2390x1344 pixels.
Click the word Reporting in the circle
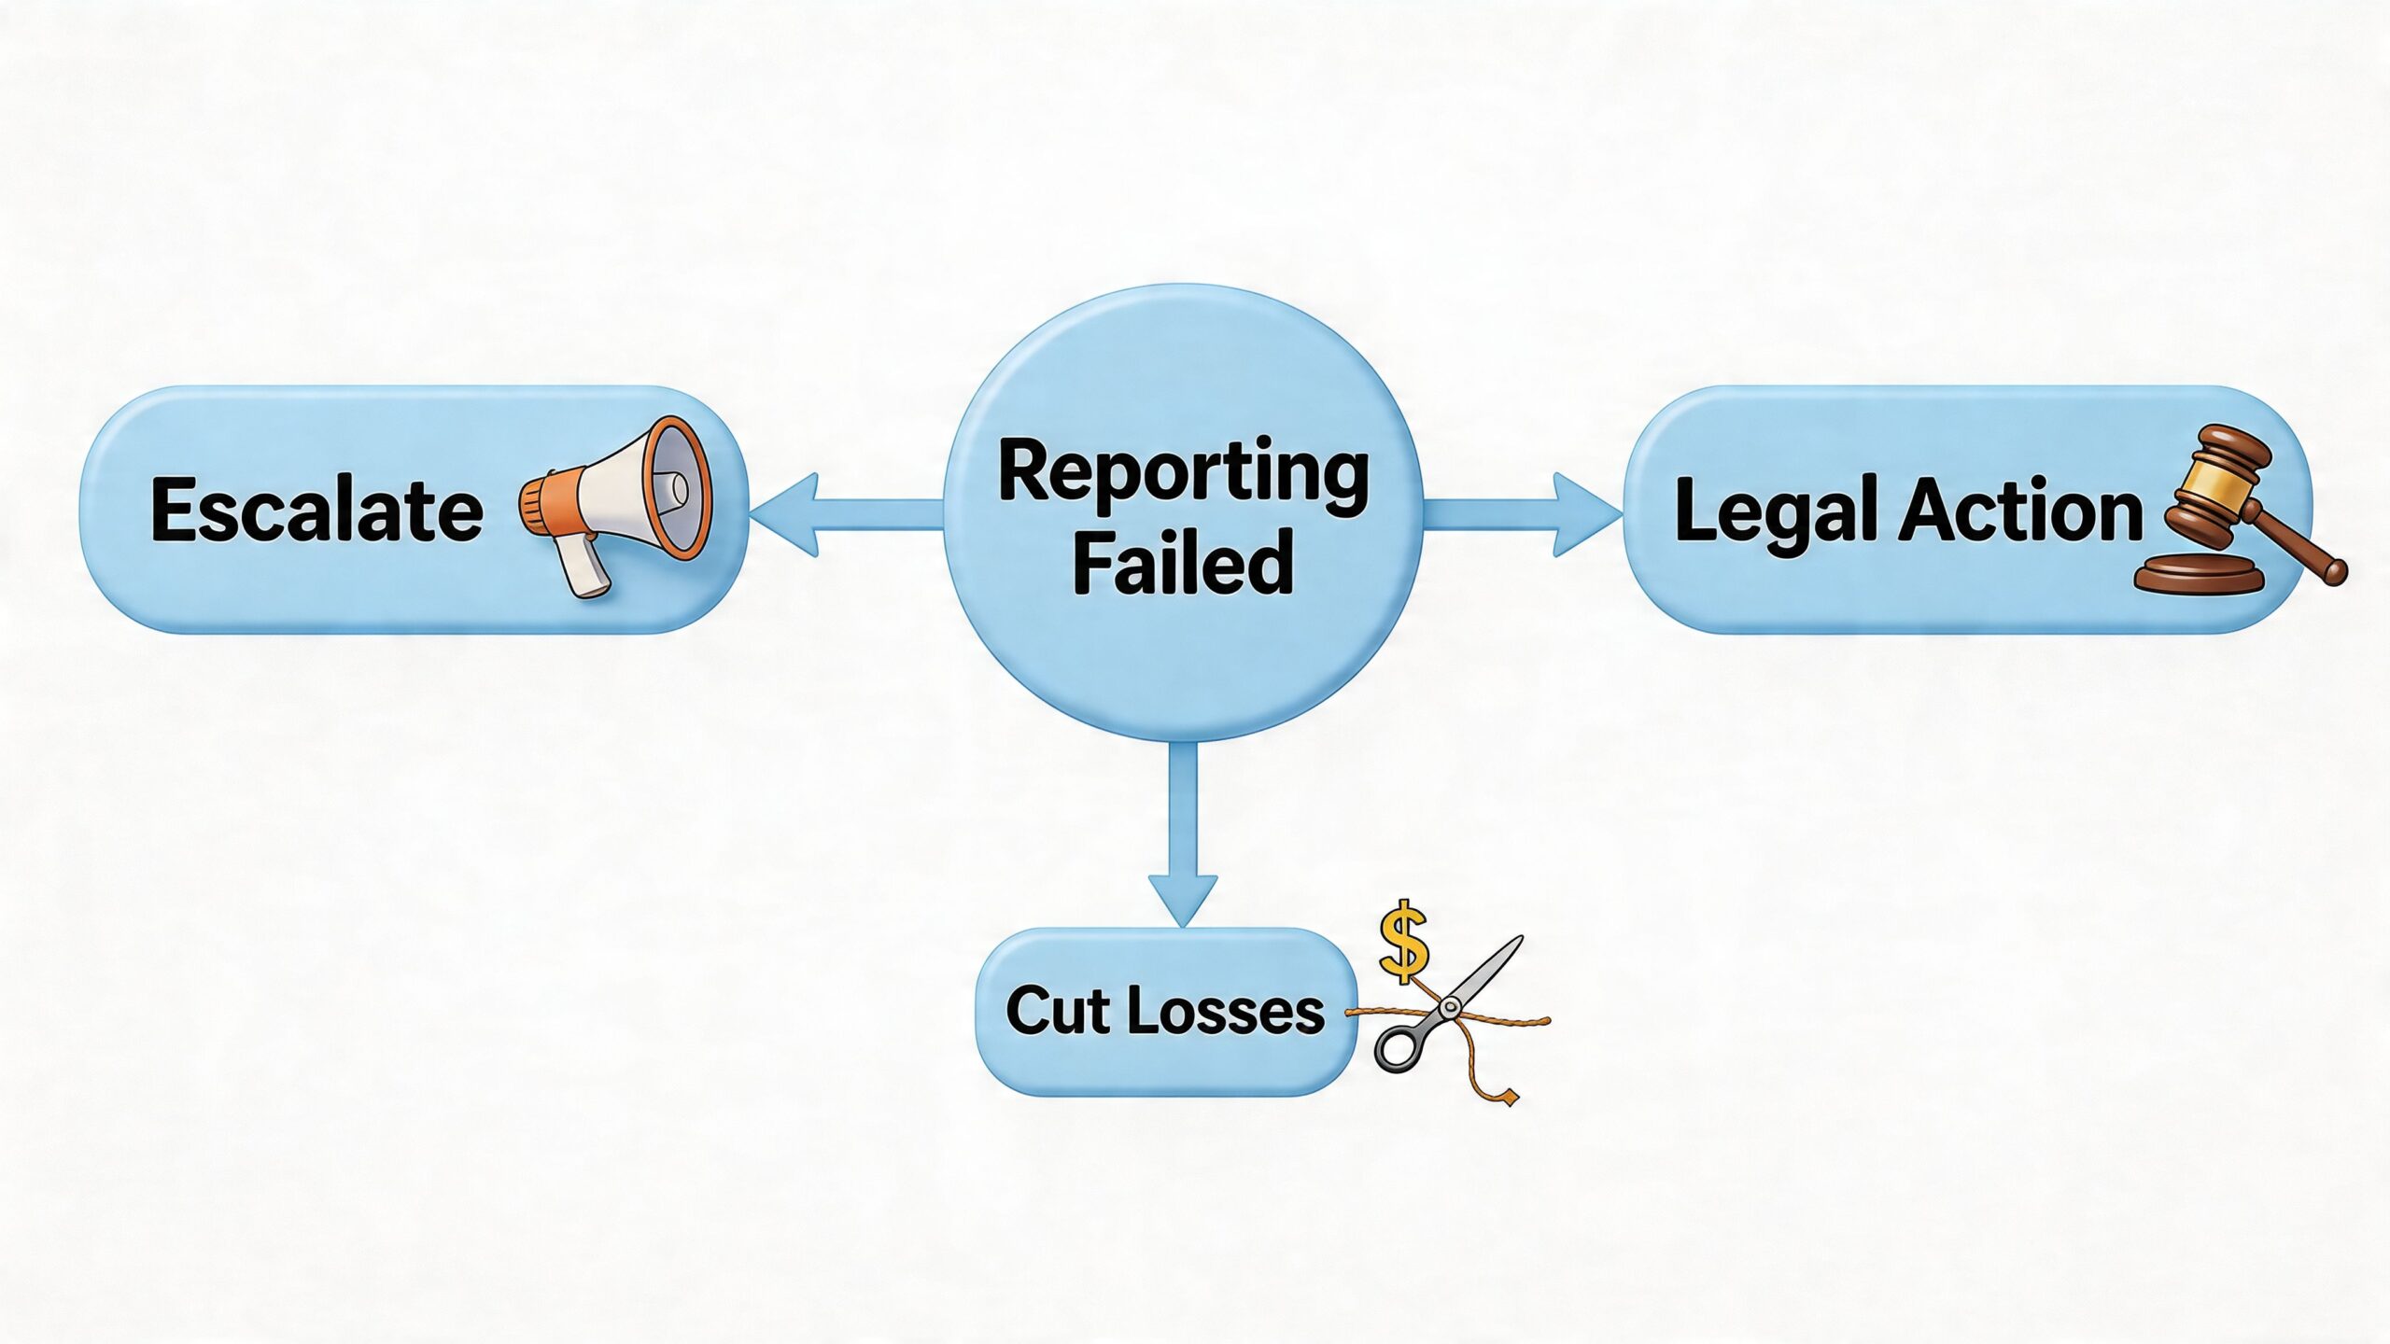[1183, 473]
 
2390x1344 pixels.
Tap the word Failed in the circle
[1183, 562]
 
